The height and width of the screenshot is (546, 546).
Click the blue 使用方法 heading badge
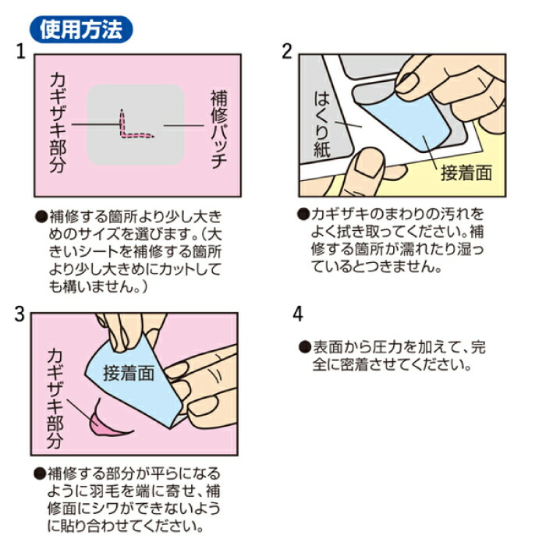pyautogui.click(x=81, y=30)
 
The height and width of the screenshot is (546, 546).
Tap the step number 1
pyautogui.click(x=21, y=51)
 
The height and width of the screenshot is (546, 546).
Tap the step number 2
pyautogui.click(x=286, y=51)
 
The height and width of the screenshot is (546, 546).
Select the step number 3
pyautogui.click(x=19, y=314)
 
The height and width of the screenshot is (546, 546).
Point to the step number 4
pyautogui.click(x=298, y=314)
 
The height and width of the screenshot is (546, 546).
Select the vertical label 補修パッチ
pyautogui.click(x=219, y=129)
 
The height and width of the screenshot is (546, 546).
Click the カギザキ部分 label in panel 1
pyautogui.click(x=58, y=123)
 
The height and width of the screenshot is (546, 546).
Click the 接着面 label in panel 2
pyautogui.click(x=466, y=173)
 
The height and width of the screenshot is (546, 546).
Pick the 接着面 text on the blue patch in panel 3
pyautogui.click(x=129, y=374)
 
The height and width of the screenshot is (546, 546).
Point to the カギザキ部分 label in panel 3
pyautogui.click(x=55, y=399)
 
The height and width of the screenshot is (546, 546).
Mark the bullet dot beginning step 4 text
pyautogui.click(x=305, y=347)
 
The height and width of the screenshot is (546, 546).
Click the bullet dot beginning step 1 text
pyautogui.click(x=41, y=217)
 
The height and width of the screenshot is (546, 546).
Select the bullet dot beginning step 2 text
pyautogui.click(x=303, y=214)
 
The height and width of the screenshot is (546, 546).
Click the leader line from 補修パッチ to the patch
pyautogui.click(x=183, y=126)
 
